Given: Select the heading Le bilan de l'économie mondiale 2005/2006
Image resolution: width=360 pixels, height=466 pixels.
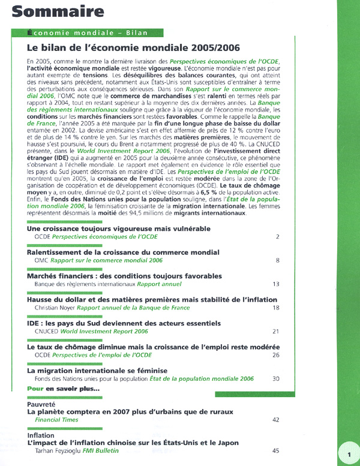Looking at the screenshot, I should point(134,47).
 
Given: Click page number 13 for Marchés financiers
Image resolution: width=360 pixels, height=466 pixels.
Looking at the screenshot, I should point(276,284).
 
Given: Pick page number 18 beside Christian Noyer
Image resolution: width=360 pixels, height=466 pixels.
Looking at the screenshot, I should point(276,308).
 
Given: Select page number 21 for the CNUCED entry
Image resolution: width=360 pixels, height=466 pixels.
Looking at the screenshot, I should point(276,331).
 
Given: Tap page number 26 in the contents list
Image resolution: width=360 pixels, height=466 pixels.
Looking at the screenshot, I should point(276,355).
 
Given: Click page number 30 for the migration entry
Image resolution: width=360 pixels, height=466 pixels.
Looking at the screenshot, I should point(276,379).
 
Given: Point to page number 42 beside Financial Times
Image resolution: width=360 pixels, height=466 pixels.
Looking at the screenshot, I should point(276,420).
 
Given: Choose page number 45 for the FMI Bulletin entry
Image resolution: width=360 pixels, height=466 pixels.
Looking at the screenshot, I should point(276,450).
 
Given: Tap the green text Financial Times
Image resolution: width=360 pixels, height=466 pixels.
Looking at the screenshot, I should point(57,420).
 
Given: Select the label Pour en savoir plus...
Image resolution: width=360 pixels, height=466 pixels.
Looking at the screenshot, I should point(64,389).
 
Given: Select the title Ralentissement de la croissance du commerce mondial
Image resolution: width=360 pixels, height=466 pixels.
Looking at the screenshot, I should point(123,252).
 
